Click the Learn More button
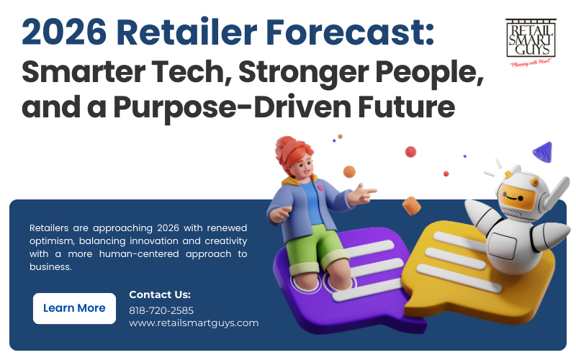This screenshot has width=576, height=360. coord(74,308)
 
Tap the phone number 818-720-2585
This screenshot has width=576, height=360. coord(161,310)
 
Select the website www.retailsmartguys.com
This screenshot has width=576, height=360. coord(193,323)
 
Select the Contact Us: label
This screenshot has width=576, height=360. coord(160,294)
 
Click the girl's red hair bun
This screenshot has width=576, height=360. coord(287,147)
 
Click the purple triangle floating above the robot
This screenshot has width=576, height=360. coord(542,151)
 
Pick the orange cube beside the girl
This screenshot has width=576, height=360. coord(411,206)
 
